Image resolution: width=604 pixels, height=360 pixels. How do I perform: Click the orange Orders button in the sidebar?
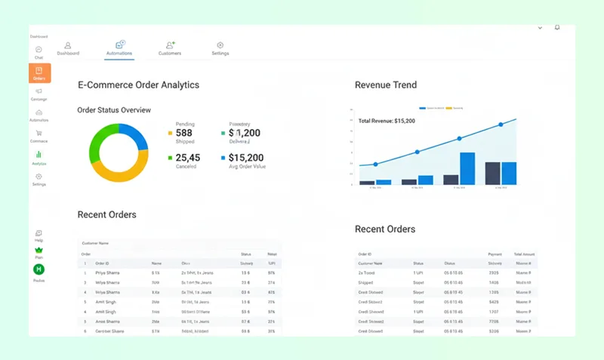click(x=39, y=73)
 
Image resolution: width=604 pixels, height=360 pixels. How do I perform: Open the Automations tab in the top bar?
click(x=120, y=48)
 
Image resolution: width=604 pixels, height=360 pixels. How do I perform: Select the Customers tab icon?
click(x=170, y=45)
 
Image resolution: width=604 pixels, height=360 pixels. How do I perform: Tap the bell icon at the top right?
click(x=557, y=27)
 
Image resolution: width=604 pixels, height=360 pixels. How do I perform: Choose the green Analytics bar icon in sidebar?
click(x=39, y=155)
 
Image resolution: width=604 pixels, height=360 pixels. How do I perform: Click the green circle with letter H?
click(x=39, y=269)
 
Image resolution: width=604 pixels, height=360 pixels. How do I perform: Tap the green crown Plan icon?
click(x=39, y=250)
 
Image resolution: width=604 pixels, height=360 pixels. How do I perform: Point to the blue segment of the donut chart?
click(x=137, y=135)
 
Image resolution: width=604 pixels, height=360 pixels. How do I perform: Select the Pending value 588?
click(x=183, y=134)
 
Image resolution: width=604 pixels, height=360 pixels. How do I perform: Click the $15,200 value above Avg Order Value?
click(x=245, y=158)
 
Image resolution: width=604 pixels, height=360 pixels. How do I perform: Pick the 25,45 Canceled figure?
click(x=188, y=158)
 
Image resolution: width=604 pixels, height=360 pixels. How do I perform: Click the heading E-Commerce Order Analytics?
click(x=138, y=85)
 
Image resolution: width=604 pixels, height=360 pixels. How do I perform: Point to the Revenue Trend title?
click(x=385, y=85)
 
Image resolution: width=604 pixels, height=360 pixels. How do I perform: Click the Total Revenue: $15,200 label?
click(x=387, y=121)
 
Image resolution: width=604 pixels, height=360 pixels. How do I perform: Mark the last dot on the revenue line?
click(x=501, y=125)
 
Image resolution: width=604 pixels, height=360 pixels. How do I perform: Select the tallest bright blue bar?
click(x=467, y=168)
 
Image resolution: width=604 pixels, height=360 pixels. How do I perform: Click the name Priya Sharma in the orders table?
click(x=107, y=272)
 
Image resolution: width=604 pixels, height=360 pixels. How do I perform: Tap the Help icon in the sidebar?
click(x=39, y=233)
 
